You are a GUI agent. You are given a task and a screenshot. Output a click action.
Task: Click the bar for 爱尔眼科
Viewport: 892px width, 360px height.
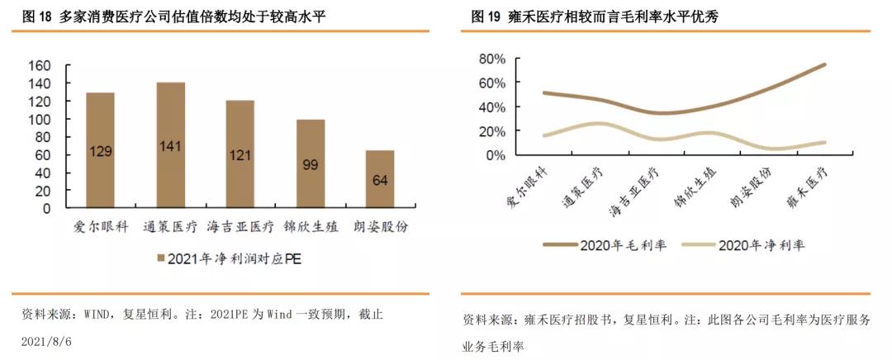[x=100, y=150]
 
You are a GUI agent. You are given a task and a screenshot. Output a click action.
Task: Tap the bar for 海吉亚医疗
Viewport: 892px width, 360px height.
[x=240, y=154]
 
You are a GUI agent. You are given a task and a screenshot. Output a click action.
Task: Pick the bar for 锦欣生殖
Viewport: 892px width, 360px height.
[x=311, y=163]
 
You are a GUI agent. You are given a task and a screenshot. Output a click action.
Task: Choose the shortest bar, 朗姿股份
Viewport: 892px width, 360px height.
[x=380, y=179]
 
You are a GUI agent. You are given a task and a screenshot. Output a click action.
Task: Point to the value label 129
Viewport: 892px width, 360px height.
[x=100, y=152]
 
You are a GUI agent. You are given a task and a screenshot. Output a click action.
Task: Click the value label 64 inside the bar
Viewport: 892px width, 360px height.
[x=380, y=181]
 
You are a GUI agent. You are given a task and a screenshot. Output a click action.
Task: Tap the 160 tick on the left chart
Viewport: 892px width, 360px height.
[x=40, y=66]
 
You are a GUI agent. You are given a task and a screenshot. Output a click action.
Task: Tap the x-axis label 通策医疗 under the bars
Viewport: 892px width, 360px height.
[x=171, y=226]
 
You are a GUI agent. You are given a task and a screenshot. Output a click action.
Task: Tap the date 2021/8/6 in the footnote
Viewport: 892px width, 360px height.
[x=46, y=340]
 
